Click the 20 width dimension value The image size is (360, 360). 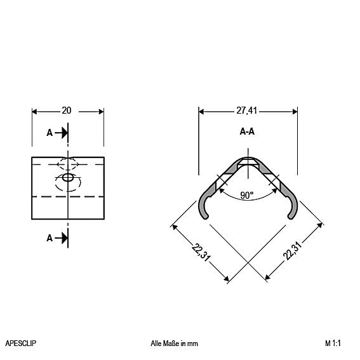click(67, 110)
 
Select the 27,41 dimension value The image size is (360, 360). click(246, 110)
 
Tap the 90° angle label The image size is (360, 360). click(247, 196)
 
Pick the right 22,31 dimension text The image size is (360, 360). click(293, 251)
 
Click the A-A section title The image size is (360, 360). click(247, 131)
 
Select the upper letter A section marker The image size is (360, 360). click(50, 133)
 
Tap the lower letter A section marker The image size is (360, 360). click(50, 238)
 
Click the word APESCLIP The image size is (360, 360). click(21, 343)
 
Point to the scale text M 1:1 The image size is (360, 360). click(333, 343)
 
